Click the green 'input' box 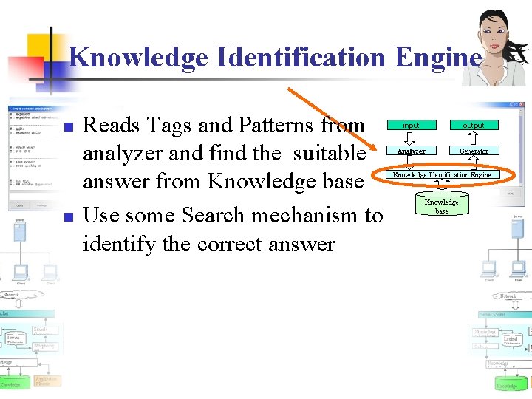tap(411, 126)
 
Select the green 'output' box tap(474, 126)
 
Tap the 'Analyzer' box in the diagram tap(411, 151)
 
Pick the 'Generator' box tap(474, 151)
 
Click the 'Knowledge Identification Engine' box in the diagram tap(442, 174)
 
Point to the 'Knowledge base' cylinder tap(441, 206)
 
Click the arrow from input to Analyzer tap(411, 138)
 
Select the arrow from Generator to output tap(474, 138)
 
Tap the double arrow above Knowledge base tap(441, 186)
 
